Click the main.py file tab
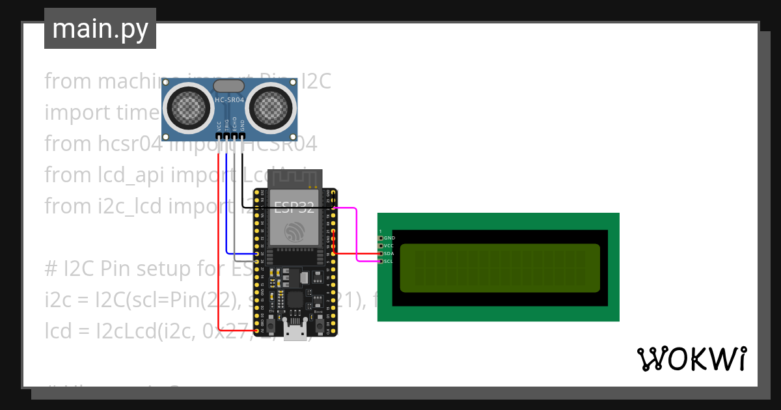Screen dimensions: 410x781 point(100,29)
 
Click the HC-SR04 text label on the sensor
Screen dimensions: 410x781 point(229,100)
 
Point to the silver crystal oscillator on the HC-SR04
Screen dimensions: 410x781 point(229,85)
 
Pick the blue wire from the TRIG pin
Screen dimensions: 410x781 point(226,208)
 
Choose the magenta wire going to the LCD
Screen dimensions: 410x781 point(357,234)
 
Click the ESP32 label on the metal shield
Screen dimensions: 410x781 point(294,208)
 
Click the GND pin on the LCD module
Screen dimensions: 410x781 point(381,238)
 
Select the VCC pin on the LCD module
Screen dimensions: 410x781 point(381,246)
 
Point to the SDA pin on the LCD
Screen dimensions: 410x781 point(381,254)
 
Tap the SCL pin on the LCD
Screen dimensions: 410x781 point(381,262)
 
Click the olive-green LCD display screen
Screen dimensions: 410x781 point(499,268)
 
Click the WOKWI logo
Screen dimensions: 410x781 point(691,359)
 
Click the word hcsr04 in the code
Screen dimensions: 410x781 point(129,144)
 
